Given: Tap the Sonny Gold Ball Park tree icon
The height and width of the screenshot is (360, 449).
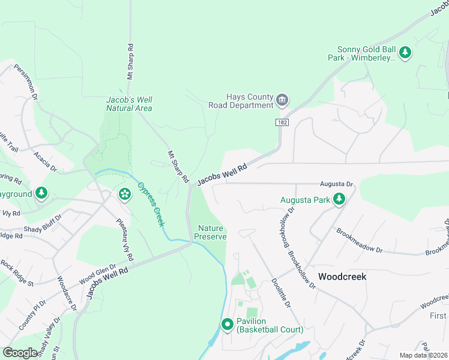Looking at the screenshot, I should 405,53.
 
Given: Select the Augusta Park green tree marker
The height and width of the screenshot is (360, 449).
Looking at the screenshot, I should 339,199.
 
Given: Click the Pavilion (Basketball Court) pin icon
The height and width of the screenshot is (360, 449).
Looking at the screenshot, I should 228,325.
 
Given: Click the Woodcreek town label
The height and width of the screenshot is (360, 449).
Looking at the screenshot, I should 342,277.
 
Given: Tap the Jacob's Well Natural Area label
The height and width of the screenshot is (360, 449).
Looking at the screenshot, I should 129,104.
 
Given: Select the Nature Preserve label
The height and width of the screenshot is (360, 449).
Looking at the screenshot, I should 210,232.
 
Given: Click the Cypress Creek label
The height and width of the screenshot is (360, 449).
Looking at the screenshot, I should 151,203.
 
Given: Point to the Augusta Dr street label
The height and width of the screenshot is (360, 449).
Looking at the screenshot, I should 336,184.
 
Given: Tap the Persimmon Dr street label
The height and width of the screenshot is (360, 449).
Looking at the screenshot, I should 26,83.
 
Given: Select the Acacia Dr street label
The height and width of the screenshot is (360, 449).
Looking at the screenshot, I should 46,161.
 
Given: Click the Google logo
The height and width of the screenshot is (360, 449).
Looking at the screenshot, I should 20,353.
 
